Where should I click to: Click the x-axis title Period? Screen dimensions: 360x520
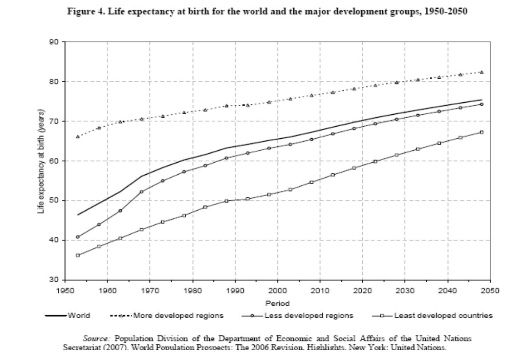[x=277, y=304]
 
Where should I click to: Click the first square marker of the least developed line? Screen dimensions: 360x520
[x=78, y=255]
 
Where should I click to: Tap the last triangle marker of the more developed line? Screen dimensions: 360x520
[x=481, y=72]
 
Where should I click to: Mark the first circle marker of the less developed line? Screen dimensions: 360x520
[x=78, y=237]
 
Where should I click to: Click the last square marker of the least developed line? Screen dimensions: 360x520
[x=481, y=132]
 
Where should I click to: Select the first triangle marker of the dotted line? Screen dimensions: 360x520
[x=78, y=137]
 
